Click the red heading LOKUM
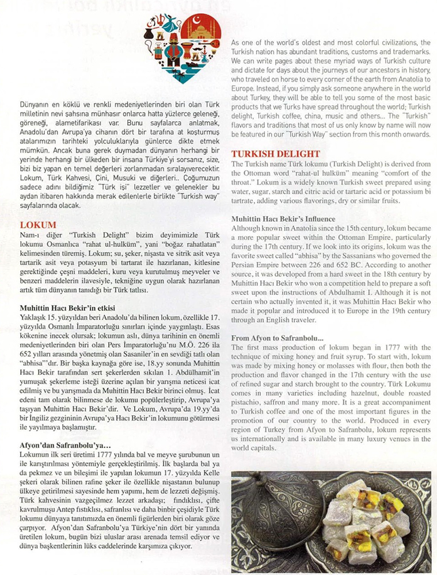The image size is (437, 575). [38, 225]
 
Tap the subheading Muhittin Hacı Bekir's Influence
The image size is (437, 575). [283, 219]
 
